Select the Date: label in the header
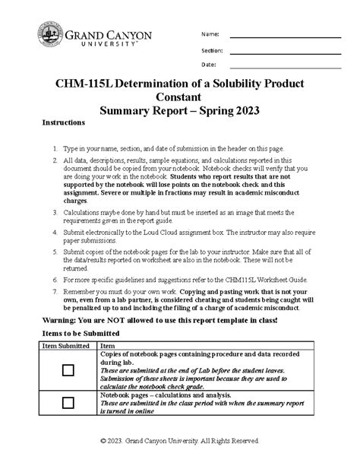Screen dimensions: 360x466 [x=208, y=65]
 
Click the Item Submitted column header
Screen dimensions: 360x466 [x=66, y=346]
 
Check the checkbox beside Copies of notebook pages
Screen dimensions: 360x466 [x=68, y=369]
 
